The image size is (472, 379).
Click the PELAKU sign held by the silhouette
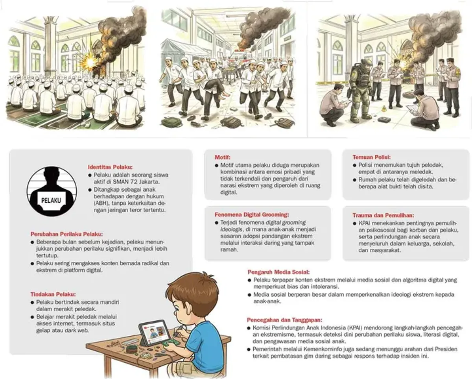point(51,200)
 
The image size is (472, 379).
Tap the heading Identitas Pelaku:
point(110,167)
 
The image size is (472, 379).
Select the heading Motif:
point(222,157)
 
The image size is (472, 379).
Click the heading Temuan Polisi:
point(372,157)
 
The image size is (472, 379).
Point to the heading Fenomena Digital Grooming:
point(252,214)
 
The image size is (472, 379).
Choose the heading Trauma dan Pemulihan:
point(383,215)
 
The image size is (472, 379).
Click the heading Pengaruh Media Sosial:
point(278,272)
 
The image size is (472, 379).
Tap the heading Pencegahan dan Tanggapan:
point(284,320)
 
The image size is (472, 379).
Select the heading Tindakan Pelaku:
point(53,294)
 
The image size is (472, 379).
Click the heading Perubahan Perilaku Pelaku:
point(67,234)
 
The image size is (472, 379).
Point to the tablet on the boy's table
point(155,333)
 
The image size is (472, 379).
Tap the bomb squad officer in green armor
point(359,91)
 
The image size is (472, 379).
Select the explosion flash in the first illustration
point(90,63)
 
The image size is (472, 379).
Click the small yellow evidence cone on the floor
point(384,108)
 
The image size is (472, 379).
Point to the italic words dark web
point(77,330)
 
